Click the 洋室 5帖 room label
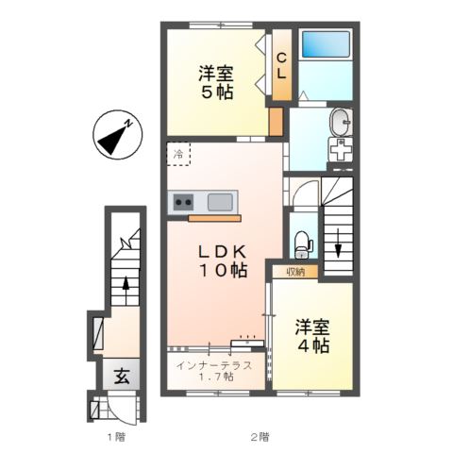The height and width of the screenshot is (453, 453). point(216,83)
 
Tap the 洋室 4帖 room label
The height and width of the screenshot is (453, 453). point(312,336)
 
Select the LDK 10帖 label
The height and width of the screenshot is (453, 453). point(223,260)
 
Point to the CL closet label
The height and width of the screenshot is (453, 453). point(281,66)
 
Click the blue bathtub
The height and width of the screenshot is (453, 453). point(326,44)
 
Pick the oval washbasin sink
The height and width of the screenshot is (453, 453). point(341,122)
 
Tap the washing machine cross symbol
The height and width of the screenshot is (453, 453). point(341,150)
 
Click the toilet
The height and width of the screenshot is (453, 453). point(303,244)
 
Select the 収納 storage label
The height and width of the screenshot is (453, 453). point(295,272)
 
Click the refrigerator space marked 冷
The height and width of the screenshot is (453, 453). point(178,154)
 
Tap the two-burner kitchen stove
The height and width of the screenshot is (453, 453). point(184,202)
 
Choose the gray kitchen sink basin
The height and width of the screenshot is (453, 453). point(220,202)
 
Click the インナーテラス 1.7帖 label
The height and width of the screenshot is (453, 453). point(214,371)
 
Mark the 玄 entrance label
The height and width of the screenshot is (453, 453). point(122,376)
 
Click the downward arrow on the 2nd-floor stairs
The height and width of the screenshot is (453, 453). point(338,243)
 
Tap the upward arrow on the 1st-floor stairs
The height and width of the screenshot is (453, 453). point(126,291)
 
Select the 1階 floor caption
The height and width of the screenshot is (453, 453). point(116,437)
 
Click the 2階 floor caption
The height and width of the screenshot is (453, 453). point(260,437)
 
